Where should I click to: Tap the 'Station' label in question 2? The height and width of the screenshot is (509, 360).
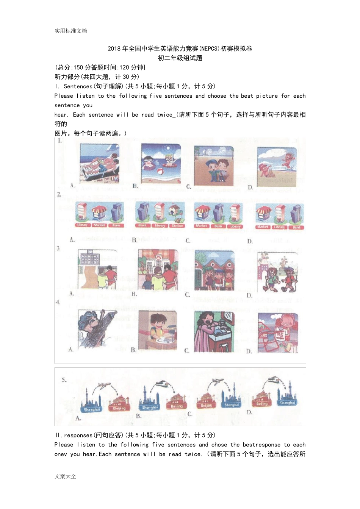click(177, 226)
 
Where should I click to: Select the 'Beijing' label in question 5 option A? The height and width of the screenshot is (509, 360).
click(119, 408)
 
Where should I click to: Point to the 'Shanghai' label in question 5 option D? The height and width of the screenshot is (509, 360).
click(287, 403)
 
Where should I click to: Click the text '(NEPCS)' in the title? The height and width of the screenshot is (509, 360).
click(209, 48)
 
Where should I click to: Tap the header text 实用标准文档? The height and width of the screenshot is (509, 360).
click(70, 31)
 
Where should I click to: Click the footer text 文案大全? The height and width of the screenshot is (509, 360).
click(65, 476)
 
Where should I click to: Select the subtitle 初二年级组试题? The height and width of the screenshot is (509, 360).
click(180, 58)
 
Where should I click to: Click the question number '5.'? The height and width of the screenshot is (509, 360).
click(64, 379)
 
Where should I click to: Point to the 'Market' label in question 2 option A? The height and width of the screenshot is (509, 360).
click(99, 225)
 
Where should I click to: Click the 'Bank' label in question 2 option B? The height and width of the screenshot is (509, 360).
click(142, 225)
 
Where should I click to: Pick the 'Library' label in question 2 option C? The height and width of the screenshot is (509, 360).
click(235, 226)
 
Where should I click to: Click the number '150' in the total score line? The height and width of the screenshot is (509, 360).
click(78, 67)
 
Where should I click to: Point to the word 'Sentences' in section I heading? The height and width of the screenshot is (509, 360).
click(78, 86)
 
